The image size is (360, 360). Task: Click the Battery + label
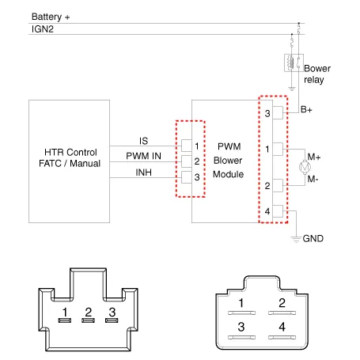coord(51,17)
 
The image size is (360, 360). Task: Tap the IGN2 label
coord(43,29)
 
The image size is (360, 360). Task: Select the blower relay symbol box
coord(294,63)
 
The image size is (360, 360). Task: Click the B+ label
coord(306,109)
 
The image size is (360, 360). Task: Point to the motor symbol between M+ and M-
coord(305,167)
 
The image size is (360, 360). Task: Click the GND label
coord(313,238)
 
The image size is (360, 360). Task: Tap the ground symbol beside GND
coord(296,239)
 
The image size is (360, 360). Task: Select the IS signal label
coord(144,141)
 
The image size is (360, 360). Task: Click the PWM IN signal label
coord(143,156)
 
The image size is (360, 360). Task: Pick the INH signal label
coord(144,172)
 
